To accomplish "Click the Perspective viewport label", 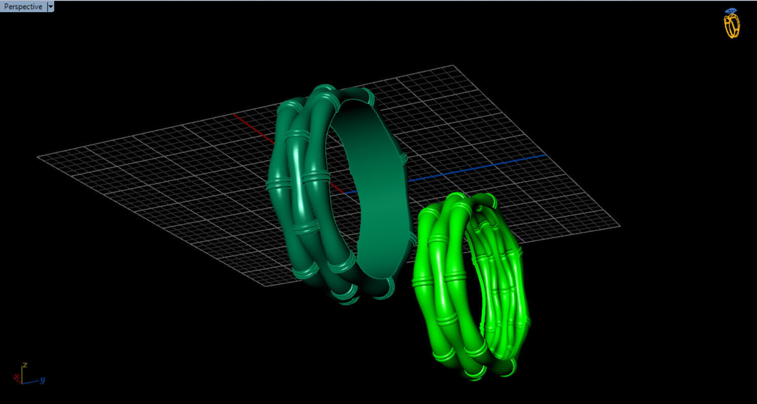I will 23,7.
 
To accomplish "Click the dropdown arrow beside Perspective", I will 50,7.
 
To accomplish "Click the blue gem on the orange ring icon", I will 731,11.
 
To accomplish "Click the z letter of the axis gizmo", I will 24,365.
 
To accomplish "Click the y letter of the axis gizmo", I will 43,379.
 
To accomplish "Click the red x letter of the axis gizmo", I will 17,377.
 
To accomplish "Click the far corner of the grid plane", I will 452,65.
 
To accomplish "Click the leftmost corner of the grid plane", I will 38,157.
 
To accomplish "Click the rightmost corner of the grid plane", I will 619,226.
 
